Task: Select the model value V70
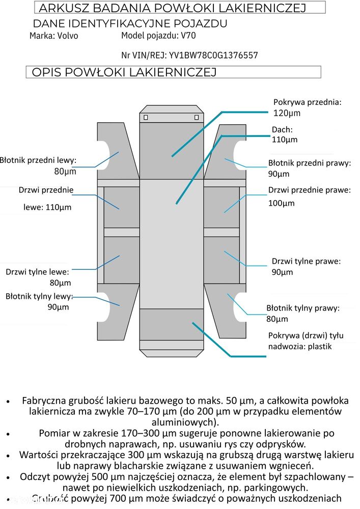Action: pos(188,36)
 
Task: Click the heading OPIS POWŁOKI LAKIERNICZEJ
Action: pos(124,72)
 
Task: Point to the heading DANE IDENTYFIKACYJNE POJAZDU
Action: pos(130,23)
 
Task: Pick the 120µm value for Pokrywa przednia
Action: pos(287,113)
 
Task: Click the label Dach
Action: pos(282,129)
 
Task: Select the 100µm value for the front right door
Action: pos(282,203)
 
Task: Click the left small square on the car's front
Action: pos(146,118)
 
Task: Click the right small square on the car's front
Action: pos(197,118)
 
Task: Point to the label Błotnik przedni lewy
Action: pos(38,160)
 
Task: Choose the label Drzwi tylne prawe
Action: pos(306,261)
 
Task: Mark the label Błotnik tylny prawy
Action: pos(302,308)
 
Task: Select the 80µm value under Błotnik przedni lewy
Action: pos(65,172)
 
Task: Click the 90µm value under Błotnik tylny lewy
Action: pos(58,307)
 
